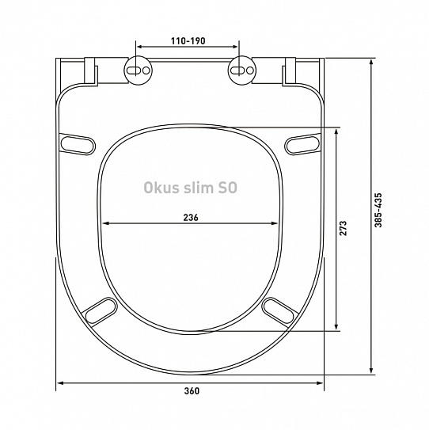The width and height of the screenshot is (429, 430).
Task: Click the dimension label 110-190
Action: point(188,41)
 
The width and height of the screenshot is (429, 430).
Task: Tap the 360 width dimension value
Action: point(192,390)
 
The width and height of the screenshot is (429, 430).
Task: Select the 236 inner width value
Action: point(191,218)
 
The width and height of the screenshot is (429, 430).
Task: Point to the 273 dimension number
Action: point(344,228)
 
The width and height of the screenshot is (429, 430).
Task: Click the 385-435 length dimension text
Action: point(378,211)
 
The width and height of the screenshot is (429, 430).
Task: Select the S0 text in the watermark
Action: point(227,188)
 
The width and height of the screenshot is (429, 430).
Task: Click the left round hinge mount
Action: point(139,70)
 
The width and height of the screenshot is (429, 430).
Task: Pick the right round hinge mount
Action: point(241,70)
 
